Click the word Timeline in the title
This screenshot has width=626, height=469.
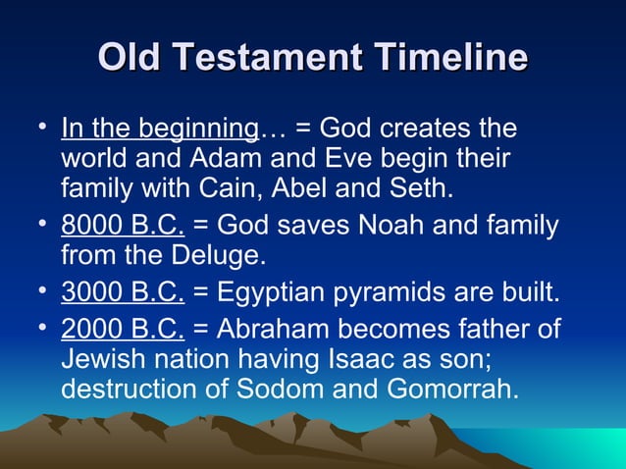coord(450,56)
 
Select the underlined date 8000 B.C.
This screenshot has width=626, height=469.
coord(123,225)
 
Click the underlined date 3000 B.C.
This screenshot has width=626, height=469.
coord(123,291)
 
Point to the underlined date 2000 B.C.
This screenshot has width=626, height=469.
coord(123,329)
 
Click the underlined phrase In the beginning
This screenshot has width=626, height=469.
coord(160,129)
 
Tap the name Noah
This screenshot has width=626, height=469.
coord(391,225)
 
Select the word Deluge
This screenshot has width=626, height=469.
coord(219,256)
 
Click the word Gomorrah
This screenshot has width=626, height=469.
coord(452,389)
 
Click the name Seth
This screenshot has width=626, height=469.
coord(422,187)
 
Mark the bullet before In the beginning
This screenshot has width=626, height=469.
coord(43,127)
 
